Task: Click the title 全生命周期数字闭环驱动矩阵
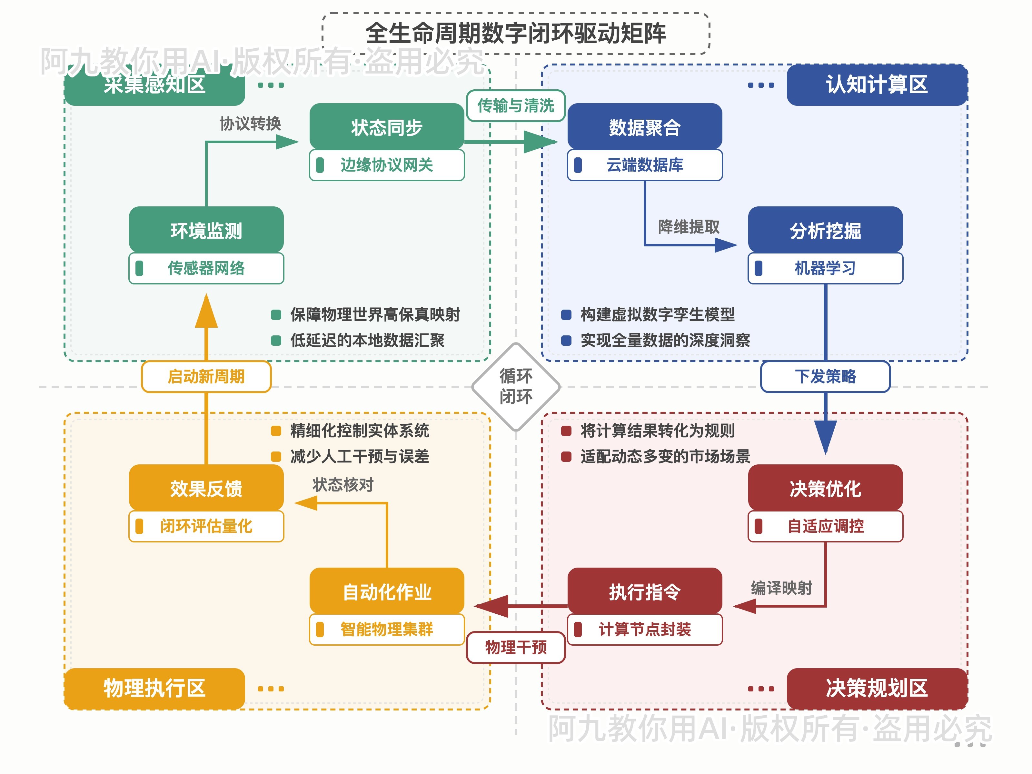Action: point(516,33)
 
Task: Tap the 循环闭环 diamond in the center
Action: point(516,386)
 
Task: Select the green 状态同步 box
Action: point(387,127)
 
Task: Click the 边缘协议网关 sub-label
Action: point(387,165)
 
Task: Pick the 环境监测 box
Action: point(206,231)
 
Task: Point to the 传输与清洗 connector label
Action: point(516,106)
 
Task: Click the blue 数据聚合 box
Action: point(644,127)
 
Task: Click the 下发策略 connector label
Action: point(825,376)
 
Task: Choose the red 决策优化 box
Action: point(825,489)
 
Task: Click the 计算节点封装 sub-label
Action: point(644,630)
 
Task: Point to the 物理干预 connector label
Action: point(516,647)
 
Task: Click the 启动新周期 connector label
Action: point(206,376)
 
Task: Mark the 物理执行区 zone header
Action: point(154,688)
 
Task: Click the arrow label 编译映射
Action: point(781,588)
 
